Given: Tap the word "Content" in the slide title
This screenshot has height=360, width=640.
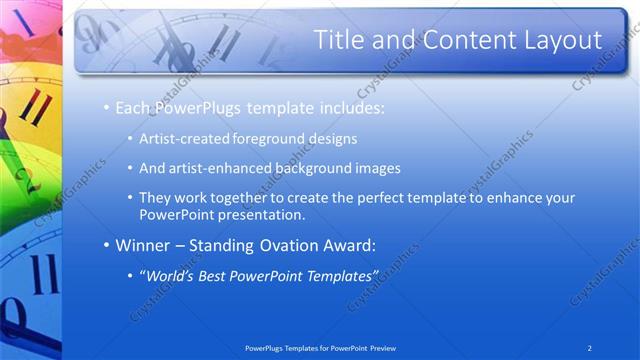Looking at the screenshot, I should pos(454,40).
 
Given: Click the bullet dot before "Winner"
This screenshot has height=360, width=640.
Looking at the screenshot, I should pos(106,245).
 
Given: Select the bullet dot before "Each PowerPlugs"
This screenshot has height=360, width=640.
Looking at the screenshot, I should pos(106,107).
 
